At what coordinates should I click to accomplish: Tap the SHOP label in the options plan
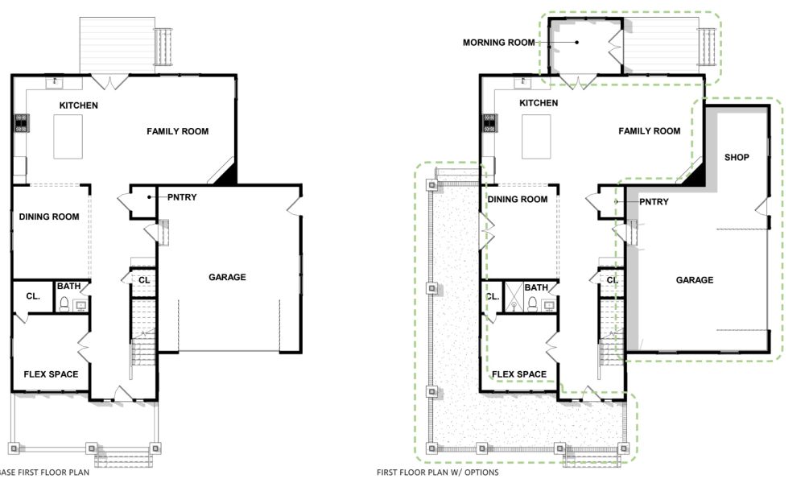click(x=737, y=157)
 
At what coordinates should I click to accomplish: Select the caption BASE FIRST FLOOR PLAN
click(x=44, y=473)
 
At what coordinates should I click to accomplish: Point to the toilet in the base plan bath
click(x=64, y=303)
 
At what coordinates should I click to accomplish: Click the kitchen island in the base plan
click(x=69, y=136)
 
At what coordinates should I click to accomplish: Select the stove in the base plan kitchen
click(x=20, y=122)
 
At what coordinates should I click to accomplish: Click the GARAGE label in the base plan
click(x=227, y=277)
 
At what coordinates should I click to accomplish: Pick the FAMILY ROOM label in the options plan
click(x=650, y=131)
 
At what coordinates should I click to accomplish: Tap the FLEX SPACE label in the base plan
click(x=51, y=374)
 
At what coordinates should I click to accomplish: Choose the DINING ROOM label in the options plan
click(x=518, y=199)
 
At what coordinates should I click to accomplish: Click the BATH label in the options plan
click(x=536, y=287)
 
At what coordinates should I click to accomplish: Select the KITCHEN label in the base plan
click(x=79, y=105)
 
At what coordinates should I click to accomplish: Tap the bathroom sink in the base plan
click(x=80, y=304)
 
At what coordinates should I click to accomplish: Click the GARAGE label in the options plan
click(x=695, y=280)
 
